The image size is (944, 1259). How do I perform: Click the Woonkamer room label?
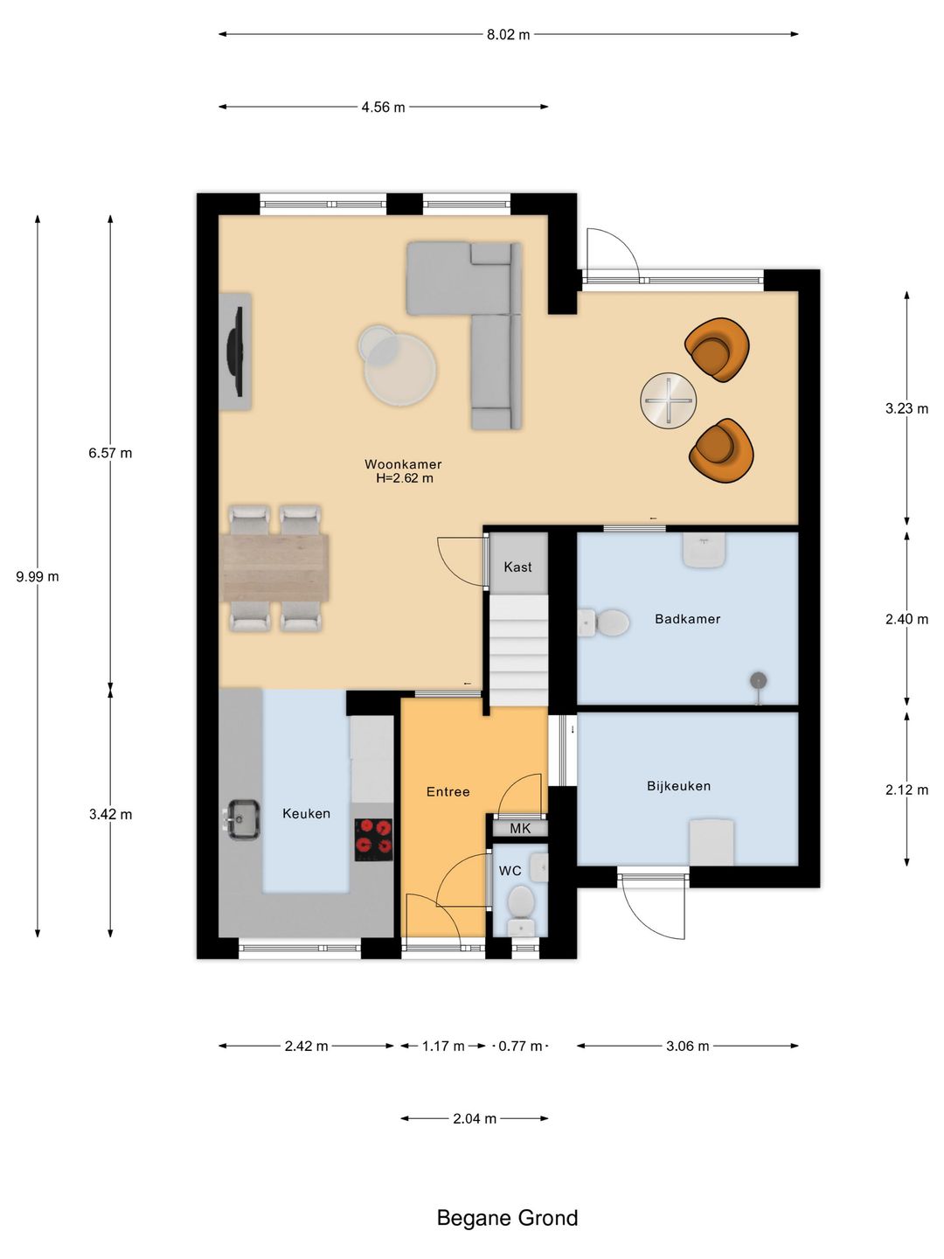coord(403,464)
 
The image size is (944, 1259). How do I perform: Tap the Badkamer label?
coord(687,619)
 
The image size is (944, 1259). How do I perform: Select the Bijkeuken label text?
coord(678,786)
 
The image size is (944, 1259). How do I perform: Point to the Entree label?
coord(448,792)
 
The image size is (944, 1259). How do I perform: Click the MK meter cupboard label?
coord(520,828)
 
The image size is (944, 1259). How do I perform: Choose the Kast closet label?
coord(517,567)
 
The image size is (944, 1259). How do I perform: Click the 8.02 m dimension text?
coord(509,34)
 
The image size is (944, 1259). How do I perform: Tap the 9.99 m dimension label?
coord(38,577)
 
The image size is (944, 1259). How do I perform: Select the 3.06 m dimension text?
coord(687,1047)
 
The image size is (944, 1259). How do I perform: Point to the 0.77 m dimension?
coord(520,1047)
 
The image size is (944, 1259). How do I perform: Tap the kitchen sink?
coord(242,819)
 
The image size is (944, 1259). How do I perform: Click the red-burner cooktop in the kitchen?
coord(374,839)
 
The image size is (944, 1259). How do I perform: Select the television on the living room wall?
coord(236,351)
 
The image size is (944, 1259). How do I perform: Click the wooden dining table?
coord(275,567)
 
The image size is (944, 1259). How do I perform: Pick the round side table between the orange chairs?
coord(669,400)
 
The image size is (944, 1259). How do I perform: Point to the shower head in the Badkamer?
coord(759,681)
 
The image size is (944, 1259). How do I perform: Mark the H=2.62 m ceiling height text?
coord(404,478)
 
